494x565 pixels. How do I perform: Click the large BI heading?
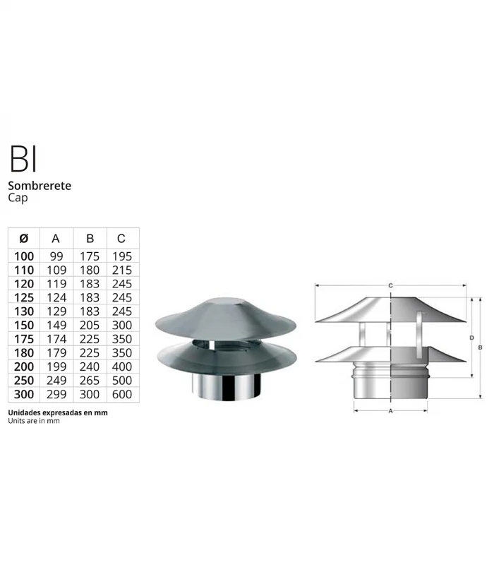[x=23, y=160]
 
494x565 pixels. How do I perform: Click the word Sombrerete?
[x=40, y=186]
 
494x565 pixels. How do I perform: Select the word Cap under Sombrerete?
[x=18, y=198]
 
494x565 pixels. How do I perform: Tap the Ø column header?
[x=23, y=239]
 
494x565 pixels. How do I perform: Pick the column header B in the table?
[x=90, y=239]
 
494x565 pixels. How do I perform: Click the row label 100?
[x=23, y=256]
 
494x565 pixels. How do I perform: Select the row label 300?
[x=23, y=394]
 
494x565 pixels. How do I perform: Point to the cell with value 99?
[x=56, y=256]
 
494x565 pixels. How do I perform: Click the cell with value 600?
[x=122, y=394]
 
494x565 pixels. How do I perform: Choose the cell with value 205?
[x=90, y=325]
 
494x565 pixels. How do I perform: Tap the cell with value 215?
[x=122, y=270]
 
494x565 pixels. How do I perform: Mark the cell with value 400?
[x=122, y=367]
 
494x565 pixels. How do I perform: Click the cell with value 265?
[x=90, y=381]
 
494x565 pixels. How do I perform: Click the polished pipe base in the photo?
[x=227, y=388]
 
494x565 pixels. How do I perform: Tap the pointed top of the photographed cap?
[x=226, y=302]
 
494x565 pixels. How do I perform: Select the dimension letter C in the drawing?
[x=390, y=285]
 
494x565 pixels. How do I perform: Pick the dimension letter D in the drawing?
[x=471, y=338]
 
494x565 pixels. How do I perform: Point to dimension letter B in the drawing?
[x=481, y=347]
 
